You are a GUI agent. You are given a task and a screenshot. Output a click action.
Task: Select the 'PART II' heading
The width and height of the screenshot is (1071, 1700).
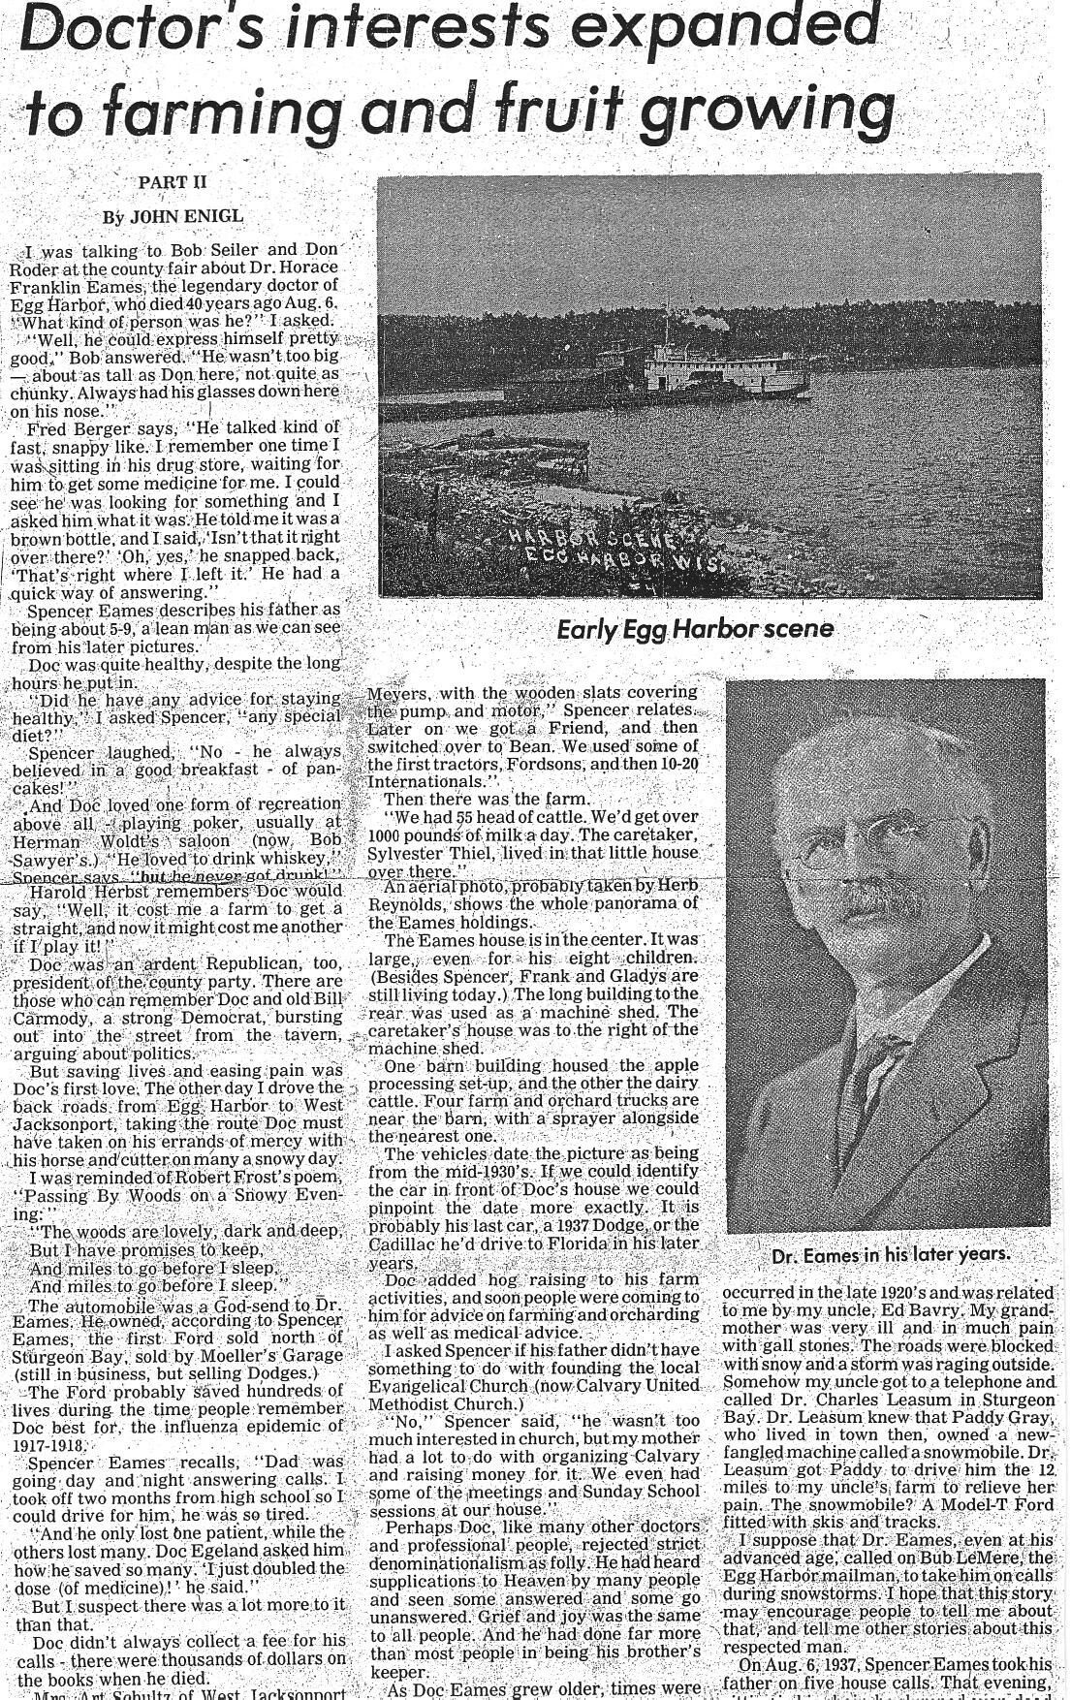[173, 182]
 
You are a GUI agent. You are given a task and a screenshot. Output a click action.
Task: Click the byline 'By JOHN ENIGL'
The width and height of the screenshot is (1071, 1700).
[173, 216]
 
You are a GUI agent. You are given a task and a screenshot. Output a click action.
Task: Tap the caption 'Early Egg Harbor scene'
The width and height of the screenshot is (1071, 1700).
[695, 629]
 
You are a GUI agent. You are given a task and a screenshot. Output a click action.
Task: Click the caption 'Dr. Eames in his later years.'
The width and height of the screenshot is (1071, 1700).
[891, 1254]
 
